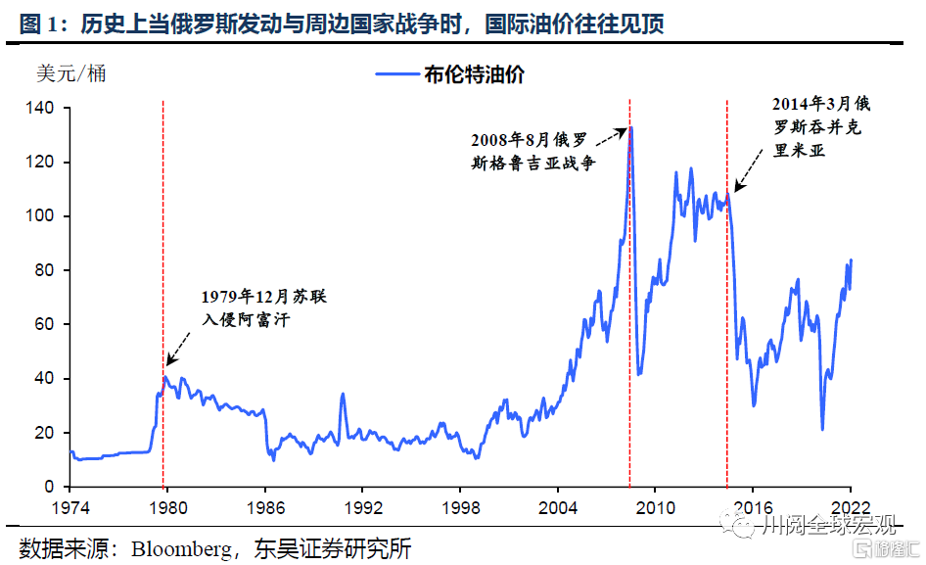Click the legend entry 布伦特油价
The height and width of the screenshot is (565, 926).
pyautogui.click(x=475, y=75)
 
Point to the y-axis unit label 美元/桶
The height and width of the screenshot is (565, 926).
pyautogui.click(x=70, y=73)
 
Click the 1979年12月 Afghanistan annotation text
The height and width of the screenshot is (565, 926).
pyautogui.click(x=250, y=306)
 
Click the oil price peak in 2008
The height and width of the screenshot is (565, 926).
pyautogui.click(x=631, y=127)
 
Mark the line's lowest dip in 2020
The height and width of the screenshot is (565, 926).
pyautogui.click(x=822, y=429)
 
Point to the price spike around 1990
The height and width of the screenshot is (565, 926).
pyautogui.click(x=343, y=395)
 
